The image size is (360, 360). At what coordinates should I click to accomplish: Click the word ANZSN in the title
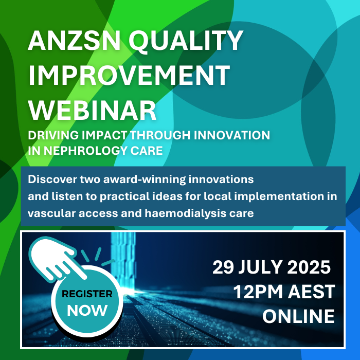pos(74,41)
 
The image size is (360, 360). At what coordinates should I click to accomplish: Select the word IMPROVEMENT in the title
pos(129,75)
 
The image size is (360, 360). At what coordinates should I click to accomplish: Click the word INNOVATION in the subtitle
pos(232,135)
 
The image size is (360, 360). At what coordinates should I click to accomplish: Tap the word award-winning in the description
pos(145,179)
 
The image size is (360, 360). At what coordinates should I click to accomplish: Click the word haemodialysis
pos(185,213)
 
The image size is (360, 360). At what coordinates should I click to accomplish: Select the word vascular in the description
pos(51,213)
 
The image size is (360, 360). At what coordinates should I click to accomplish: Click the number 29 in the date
pos(223,267)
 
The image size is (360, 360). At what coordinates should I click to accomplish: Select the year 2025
pos(309,267)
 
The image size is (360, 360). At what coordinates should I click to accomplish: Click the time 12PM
pos(258,292)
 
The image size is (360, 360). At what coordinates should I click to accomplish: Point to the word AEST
pos(312,292)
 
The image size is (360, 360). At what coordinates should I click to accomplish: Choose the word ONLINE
pos(298,316)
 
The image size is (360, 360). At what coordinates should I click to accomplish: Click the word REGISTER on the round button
pos(87,294)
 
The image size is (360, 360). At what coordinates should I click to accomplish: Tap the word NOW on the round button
pos(87,311)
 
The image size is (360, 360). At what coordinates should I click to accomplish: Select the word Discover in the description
pos(52,179)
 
